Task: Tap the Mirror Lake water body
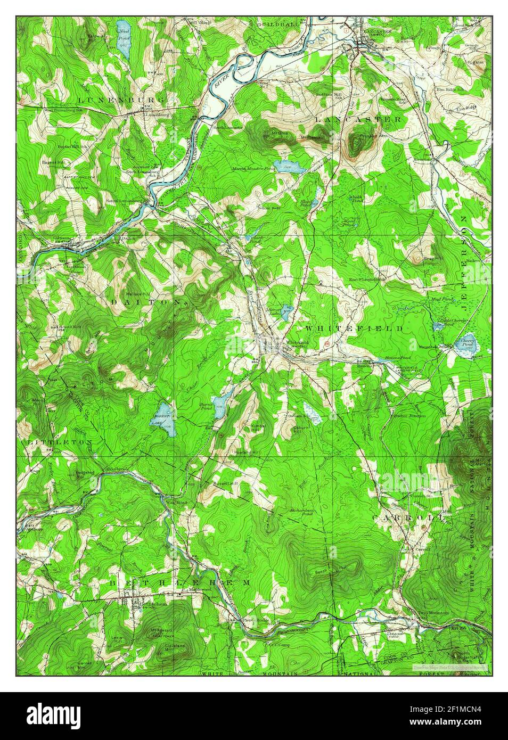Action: click(287, 312)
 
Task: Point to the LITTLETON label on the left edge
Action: click(60, 442)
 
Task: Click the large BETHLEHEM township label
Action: click(179, 583)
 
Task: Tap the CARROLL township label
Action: click(408, 517)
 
